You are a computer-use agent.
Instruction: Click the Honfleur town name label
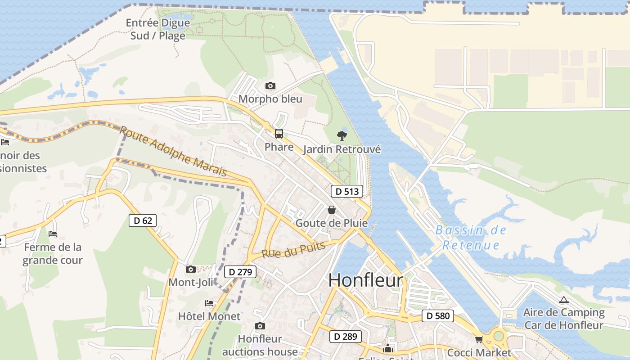tap(365, 280)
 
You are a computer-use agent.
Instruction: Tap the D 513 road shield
tap(347, 191)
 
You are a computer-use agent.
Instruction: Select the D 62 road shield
tap(143, 220)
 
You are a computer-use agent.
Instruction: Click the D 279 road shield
tap(240, 272)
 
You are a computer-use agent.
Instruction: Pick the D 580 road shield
tap(438, 316)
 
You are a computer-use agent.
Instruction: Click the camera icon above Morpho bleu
tap(270, 85)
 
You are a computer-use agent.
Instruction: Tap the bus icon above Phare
tap(279, 133)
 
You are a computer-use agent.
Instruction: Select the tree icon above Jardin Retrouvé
tap(342, 135)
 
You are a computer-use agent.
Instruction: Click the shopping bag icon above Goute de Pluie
tap(332, 210)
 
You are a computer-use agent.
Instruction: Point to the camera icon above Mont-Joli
tap(191, 269)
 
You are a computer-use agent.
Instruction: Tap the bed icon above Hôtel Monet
tap(209, 303)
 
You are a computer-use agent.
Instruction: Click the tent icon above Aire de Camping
tap(563, 300)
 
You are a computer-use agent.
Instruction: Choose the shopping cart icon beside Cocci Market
tap(479, 340)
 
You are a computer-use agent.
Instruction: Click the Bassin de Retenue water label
tap(471, 238)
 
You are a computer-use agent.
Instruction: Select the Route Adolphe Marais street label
tap(173, 151)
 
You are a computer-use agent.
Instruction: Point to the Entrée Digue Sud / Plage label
tap(158, 29)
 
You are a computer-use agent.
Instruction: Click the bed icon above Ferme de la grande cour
tap(53, 234)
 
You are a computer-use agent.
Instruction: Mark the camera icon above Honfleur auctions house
tap(260, 326)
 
